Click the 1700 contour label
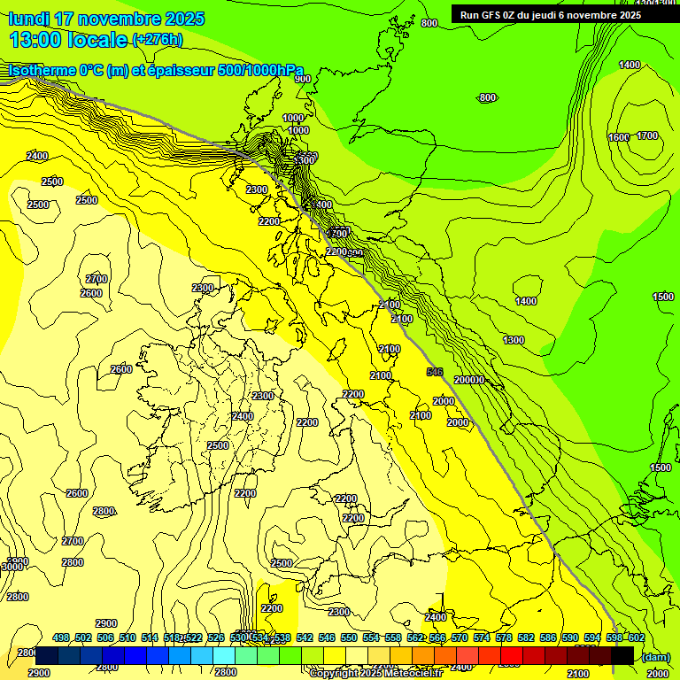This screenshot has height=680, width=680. (647, 135)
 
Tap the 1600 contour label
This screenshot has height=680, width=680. (618, 137)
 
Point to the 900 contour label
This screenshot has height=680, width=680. (303, 79)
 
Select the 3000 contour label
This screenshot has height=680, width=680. (12, 566)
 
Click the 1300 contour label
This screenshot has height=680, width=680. (514, 340)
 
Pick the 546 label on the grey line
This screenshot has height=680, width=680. (434, 373)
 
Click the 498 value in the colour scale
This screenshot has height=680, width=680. (61, 637)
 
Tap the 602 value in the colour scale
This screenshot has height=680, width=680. (637, 637)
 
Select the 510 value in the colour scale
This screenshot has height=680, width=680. (127, 637)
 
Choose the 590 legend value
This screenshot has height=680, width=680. (570, 637)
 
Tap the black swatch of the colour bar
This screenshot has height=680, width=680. (622, 655)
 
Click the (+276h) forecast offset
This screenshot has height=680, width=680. (158, 39)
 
